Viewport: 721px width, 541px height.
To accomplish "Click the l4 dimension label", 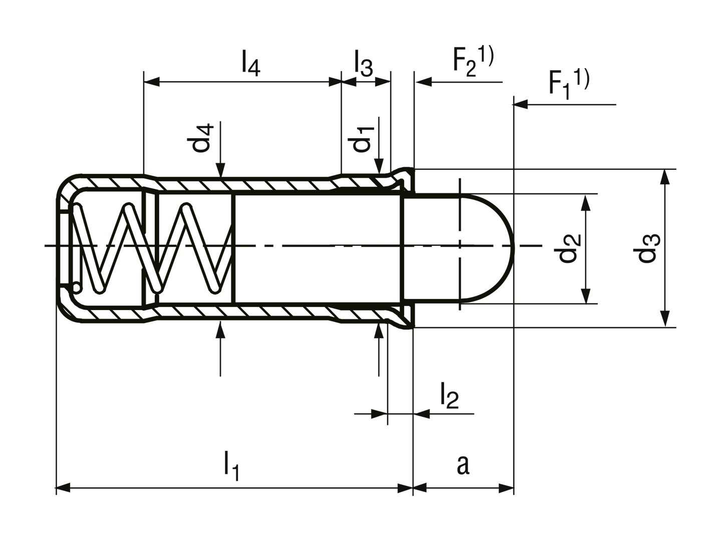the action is [x=251, y=64].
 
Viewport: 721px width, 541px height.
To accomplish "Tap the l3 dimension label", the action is [x=364, y=64].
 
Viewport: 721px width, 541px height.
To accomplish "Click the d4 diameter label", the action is [x=200, y=138].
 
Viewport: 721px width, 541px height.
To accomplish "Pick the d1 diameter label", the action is [x=361, y=139].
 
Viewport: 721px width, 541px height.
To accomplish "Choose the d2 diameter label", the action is [x=567, y=248].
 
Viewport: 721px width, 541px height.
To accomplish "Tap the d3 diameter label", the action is [x=647, y=248].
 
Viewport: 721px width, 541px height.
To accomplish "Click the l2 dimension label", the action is [x=450, y=396].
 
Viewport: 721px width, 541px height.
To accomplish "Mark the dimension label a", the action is [x=463, y=465].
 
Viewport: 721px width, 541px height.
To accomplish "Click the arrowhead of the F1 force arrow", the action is [x=521, y=105].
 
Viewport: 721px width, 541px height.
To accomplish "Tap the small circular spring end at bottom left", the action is [x=76, y=288].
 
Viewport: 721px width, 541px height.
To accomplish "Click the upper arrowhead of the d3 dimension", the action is [x=664, y=177].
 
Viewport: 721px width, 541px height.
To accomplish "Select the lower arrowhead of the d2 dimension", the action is [x=586, y=296].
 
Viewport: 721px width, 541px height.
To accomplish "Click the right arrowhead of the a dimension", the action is [x=506, y=488].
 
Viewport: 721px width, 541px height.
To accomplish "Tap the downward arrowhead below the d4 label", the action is [x=220, y=171].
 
